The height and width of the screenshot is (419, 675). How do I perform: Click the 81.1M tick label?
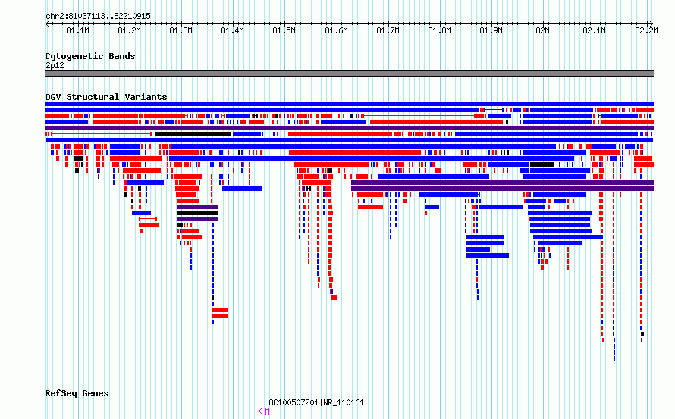[77, 30]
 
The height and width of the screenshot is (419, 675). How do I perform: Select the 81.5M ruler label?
[284, 30]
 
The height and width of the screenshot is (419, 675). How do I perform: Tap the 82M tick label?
[542, 30]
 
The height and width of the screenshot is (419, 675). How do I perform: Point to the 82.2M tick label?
[646, 30]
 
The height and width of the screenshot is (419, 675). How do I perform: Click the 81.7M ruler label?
[388, 30]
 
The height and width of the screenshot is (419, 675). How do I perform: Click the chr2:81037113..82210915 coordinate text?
[98, 17]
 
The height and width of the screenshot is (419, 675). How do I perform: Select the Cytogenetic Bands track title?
[90, 56]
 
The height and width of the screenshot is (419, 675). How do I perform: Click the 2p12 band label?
[55, 65]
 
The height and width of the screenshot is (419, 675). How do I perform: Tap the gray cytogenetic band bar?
[349, 73]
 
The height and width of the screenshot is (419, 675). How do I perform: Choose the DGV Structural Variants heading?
[106, 97]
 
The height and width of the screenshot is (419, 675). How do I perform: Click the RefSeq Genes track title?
[77, 394]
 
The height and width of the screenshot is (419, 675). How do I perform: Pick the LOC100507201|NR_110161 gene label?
[314, 402]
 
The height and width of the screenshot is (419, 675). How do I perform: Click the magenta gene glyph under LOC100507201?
[265, 411]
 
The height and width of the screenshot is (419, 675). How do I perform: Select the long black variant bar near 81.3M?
[193, 134]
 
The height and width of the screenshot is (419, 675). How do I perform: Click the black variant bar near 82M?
[542, 164]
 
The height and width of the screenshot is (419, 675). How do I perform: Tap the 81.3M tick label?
[181, 30]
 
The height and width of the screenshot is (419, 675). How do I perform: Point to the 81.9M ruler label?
[491, 30]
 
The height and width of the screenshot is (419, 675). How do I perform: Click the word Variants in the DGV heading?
[146, 97]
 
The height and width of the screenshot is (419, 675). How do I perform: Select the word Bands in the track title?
[122, 56]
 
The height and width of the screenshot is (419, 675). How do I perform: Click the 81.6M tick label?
[336, 30]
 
